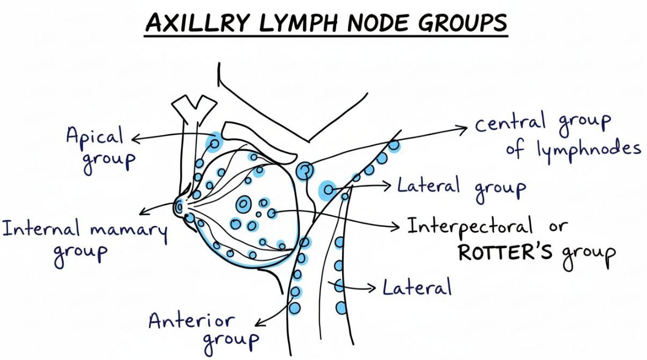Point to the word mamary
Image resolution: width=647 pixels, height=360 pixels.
129,230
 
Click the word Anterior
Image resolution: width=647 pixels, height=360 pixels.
192,321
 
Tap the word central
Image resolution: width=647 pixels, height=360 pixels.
511,122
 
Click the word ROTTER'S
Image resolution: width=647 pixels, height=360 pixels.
504,252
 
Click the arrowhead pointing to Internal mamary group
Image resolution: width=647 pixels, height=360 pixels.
140,212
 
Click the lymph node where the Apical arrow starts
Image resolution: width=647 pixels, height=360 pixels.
214,144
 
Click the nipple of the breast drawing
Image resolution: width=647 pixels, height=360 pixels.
178,206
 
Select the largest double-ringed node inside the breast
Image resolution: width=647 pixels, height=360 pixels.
243,204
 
